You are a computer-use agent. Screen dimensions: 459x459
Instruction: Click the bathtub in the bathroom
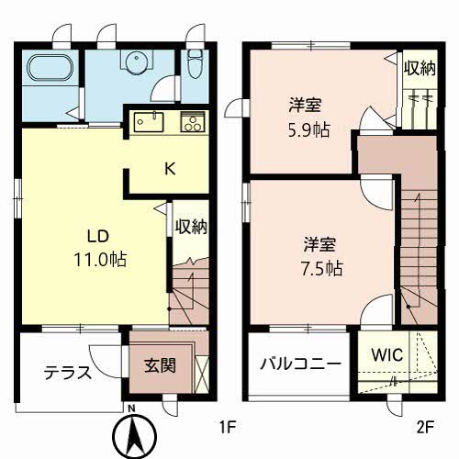click(x=50, y=68)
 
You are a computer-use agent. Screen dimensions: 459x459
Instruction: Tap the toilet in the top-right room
click(x=195, y=63)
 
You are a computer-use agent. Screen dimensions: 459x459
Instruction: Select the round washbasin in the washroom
click(x=137, y=62)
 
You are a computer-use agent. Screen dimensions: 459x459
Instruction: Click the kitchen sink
click(x=149, y=122)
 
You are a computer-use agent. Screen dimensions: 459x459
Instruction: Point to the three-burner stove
click(x=193, y=122)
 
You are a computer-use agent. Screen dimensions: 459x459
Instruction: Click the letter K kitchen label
click(x=170, y=169)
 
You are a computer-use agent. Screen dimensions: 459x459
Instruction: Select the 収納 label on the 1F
click(x=191, y=227)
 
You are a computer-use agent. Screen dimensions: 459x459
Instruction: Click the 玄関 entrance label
click(x=160, y=365)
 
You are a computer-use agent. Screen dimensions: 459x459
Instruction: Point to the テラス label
click(x=68, y=373)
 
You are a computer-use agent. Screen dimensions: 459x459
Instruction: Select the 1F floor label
click(x=229, y=427)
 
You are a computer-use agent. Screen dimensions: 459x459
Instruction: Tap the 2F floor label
click(x=425, y=427)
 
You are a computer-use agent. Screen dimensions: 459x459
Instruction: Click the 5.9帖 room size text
click(x=309, y=130)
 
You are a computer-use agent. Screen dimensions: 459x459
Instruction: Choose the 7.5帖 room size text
click(x=322, y=269)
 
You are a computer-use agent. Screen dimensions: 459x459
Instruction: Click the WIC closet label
click(x=387, y=355)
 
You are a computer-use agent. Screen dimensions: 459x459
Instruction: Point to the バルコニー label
click(x=300, y=364)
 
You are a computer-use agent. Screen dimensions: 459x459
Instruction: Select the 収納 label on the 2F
click(x=420, y=68)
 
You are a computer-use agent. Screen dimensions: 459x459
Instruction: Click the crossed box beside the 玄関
click(x=202, y=375)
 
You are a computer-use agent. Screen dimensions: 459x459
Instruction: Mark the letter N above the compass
click(x=131, y=409)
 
